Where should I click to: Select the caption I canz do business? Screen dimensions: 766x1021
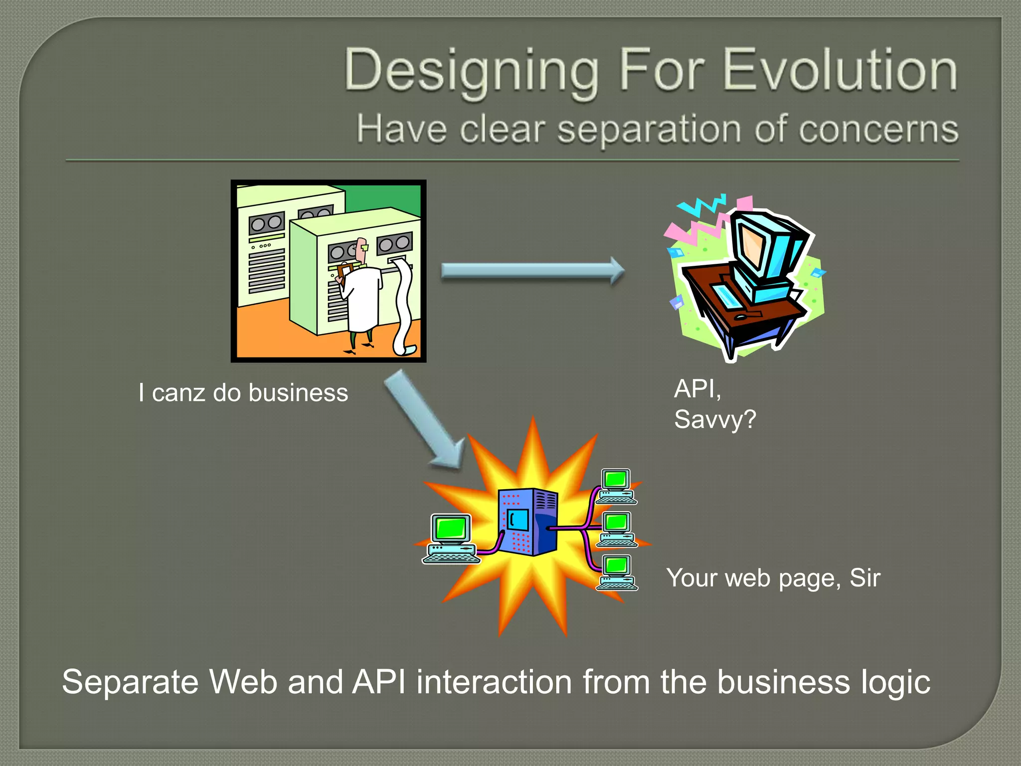click(x=243, y=392)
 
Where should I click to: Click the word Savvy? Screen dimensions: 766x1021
click(x=715, y=419)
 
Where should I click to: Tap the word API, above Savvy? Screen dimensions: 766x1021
click(x=697, y=388)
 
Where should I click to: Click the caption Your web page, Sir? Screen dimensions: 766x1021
click(x=773, y=578)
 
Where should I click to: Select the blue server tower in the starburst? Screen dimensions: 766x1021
click(x=528, y=522)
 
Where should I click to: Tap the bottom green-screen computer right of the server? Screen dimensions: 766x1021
click(x=617, y=573)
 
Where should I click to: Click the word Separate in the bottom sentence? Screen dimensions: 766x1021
click(x=130, y=682)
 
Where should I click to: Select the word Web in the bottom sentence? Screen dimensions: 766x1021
click(x=243, y=682)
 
